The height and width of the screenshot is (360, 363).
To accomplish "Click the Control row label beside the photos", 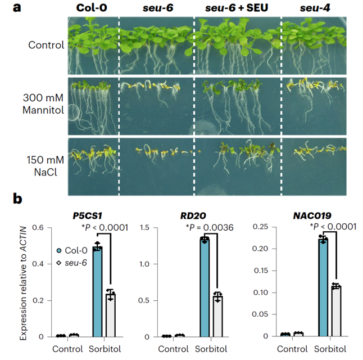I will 47,44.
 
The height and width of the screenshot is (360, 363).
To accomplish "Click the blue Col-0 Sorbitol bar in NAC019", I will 323,287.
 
